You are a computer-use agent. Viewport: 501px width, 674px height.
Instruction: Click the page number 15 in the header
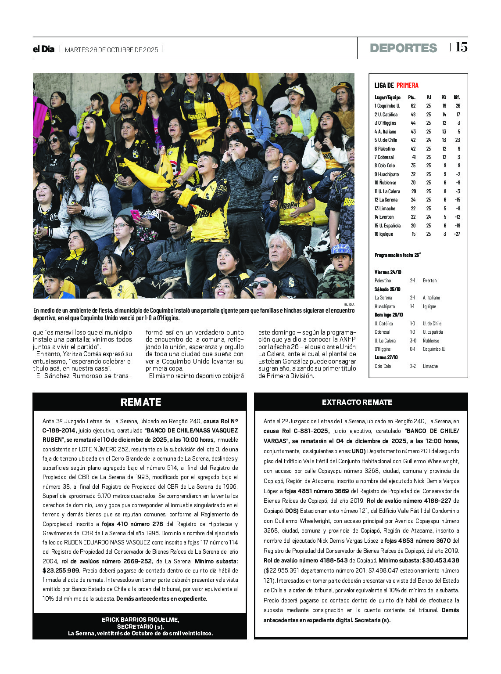pyautogui.click(x=461, y=47)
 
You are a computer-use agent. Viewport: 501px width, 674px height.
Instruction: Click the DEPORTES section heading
pyautogui.click(x=403, y=48)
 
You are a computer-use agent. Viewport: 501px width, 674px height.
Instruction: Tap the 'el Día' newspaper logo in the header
pyautogui.click(x=43, y=49)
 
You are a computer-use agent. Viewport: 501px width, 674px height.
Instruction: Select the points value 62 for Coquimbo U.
pyautogui.click(x=413, y=106)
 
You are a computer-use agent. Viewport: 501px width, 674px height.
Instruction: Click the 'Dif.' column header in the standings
pyautogui.click(x=457, y=97)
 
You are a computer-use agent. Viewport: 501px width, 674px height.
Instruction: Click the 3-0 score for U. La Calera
pyautogui.click(x=413, y=341)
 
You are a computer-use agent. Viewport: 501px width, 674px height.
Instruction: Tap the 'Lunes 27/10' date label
pyautogui.click(x=386, y=357)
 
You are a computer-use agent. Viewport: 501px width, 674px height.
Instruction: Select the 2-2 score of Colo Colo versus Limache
pyautogui.click(x=413, y=366)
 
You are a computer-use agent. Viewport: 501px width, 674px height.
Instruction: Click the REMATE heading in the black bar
pyautogui.click(x=140, y=402)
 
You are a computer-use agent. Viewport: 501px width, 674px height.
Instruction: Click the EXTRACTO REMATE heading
pyautogui.click(x=357, y=402)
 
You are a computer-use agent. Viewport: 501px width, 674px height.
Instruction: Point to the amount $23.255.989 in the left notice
pyautogui.click(x=61, y=571)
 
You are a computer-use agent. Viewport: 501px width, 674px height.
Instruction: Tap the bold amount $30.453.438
pyautogui.click(x=440, y=561)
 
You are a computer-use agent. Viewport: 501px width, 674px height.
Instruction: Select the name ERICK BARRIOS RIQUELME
pyautogui.click(x=140, y=620)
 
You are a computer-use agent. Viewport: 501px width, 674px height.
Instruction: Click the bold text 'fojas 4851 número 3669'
pyautogui.click(x=316, y=491)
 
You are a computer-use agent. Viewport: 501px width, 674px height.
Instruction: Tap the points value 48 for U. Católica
pyautogui.click(x=413, y=115)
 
